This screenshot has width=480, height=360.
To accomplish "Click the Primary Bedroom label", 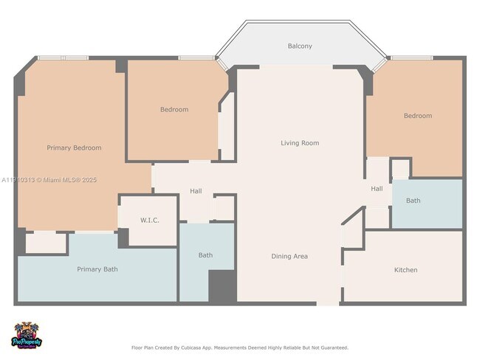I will point(74,148).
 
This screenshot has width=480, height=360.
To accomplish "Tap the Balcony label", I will point(299,46).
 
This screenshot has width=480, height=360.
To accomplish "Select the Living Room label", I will point(300,143).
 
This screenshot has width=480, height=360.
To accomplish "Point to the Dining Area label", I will point(289,256).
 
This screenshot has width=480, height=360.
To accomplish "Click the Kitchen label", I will point(405,270).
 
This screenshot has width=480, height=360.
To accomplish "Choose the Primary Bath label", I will point(97,269).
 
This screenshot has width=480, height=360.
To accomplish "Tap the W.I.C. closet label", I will point(150,221).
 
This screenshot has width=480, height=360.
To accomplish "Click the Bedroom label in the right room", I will point(417,116).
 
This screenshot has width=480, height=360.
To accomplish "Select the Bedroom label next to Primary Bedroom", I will point(174,110).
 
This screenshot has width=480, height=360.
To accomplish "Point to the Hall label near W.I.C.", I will point(196,191).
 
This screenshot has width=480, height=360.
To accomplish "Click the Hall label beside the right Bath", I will point(377,189).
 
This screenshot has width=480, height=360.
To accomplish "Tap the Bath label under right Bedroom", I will point(413,201).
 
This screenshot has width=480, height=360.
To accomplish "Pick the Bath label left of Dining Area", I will point(205,255).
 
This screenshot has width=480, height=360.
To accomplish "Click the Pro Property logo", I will point(28,337).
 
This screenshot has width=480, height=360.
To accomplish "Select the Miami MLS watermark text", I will point(49,179).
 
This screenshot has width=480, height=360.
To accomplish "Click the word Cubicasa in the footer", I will point(191,347).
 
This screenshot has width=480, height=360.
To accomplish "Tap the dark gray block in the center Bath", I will point(222,285).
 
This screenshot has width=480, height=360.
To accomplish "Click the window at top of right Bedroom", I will point(411,58).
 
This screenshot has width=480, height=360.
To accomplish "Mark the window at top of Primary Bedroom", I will point(64,58).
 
